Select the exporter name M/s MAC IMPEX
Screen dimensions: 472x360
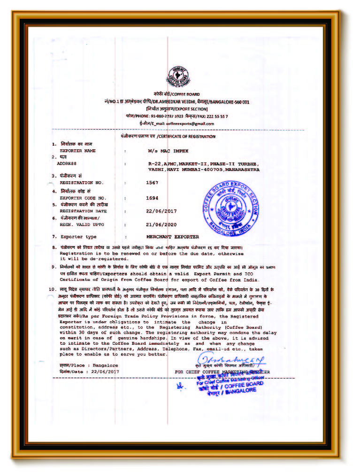pos(168,151)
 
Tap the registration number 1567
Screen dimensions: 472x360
pos(153,182)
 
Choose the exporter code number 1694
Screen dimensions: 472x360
pos(153,198)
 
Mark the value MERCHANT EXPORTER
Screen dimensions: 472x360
pos(173,237)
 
